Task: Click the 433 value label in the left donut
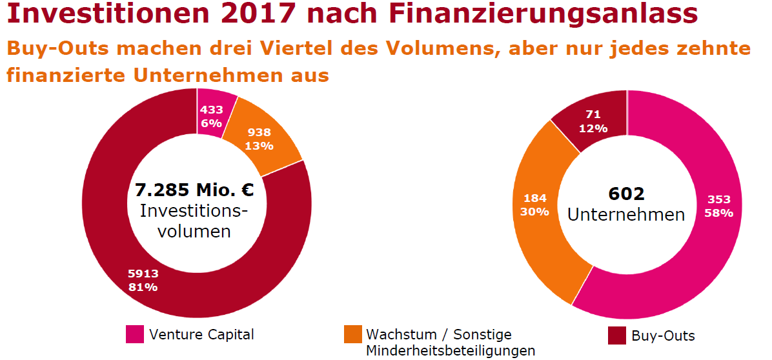(x=211, y=110)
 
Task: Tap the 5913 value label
(x=143, y=274)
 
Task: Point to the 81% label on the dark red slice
(x=143, y=287)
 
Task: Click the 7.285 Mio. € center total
(x=194, y=190)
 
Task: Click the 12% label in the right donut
(x=593, y=128)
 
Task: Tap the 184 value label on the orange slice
(x=534, y=199)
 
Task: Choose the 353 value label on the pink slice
(x=719, y=199)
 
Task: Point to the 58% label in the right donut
(x=719, y=213)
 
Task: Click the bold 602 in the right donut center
(x=626, y=194)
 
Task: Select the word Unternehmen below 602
(x=626, y=215)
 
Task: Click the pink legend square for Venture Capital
(x=135, y=334)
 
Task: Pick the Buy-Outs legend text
(x=663, y=336)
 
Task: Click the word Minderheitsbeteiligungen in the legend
(x=451, y=351)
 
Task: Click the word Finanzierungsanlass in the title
(x=543, y=15)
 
